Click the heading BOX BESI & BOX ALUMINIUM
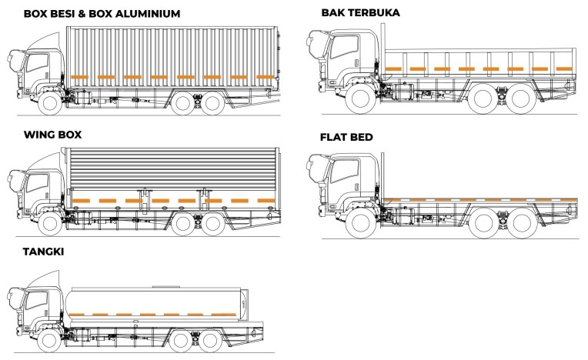coord(102,13)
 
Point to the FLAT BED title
coord(346,138)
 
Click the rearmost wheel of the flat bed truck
coord(522,223)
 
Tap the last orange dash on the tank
coord(226,315)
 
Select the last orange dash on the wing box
coord(266,201)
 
